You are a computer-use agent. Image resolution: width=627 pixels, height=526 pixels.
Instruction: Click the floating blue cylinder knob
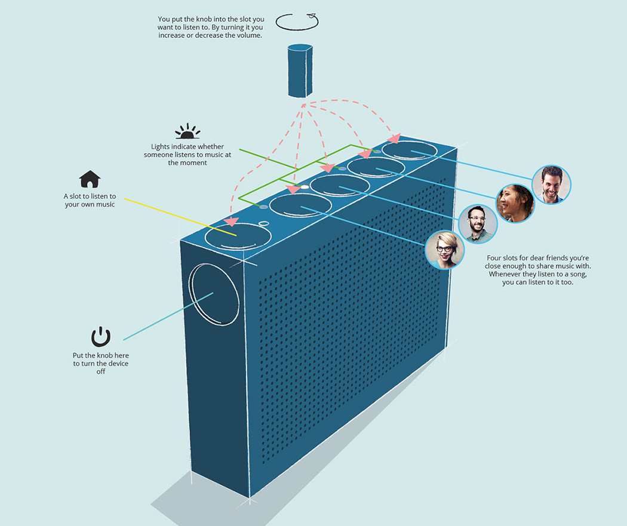point(299,70)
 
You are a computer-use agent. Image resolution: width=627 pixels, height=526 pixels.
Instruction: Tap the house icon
point(90,179)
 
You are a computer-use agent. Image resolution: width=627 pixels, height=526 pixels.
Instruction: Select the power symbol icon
point(101,337)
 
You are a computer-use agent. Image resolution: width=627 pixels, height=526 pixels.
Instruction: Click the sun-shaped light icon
point(187,131)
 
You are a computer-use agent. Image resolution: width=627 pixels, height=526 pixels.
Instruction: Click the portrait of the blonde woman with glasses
point(445,250)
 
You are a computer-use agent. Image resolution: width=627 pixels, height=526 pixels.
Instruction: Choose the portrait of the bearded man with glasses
point(477,224)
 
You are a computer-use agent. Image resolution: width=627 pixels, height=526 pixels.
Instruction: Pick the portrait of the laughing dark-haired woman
point(515,203)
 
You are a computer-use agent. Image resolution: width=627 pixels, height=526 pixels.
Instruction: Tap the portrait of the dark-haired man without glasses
point(552,184)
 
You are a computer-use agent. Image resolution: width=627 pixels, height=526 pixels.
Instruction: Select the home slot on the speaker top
point(238,235)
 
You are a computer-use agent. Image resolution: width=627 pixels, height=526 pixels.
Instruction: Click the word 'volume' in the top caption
point(250,35)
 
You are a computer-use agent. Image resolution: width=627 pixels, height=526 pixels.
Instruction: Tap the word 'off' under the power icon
point(100,371)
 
